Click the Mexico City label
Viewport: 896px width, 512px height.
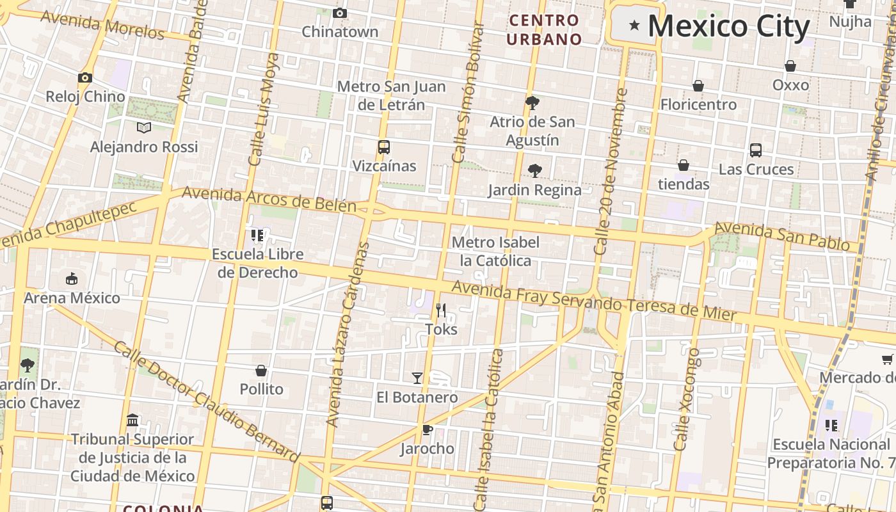pyautogui.click(x=729, y=26)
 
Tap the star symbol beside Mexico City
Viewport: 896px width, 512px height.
pyautogui.click(x=634, y=25)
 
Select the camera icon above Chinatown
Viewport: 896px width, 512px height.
pyautogui.click(x=340, y=13)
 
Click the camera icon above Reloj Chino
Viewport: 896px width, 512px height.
pyautogui.click(x=84, y=77)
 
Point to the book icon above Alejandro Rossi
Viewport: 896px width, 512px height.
pyautogui.click(x=144, y=127)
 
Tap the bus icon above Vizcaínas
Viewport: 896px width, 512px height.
pyautogui.click(x=383, y=147)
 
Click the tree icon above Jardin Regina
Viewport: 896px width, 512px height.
pyautogui.click(x=534, y=171)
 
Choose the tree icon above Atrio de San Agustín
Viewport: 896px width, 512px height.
pyautogui.click(x=532, y=102)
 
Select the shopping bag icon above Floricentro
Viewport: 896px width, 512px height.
pyautogui.click(x=698, y=85)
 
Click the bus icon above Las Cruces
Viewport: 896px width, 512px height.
pyautogui.click(x=756, y=150)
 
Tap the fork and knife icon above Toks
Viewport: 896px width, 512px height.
pyautogui.click(x=441, y=310)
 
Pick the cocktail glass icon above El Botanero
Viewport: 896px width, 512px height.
pyautogui.click(x=417, y=378)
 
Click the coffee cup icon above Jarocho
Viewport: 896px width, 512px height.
pyautogui.click(x=427, y=429)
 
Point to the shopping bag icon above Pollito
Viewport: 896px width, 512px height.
pyautogui.click(x=261, y=371)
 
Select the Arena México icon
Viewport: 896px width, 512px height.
pyautogui.click(x=72, y=279)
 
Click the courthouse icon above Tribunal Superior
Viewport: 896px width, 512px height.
pyautogui.click(x=132, y=420)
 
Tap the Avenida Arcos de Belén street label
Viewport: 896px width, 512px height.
pyautogui.click(x=269, y=198)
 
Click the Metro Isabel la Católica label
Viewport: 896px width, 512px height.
pyautogui.click(x=495, y=252)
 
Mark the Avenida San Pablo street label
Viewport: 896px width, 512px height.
pyautogui.click(x=781, y=237)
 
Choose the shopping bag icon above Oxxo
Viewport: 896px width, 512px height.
pyautogui.click(x=790, y=66)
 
